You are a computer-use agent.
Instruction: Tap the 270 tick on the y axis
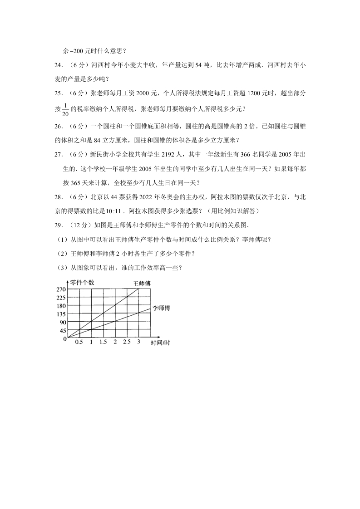pyautogui.click(x=61, y=289)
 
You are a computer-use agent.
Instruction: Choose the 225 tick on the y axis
pyautogui.click(x=61, y=298)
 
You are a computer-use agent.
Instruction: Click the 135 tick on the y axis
pyautogui.click(x=61, y=314)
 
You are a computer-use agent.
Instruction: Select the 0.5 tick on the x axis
pyautogui.click(x=79, y=342)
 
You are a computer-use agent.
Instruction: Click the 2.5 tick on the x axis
pyautogui.click(x=126, y=342)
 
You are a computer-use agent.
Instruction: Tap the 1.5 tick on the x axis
pyautogui.click(x=103, y=342)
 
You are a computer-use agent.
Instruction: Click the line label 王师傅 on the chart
pyautogui.click(x=142, y=284)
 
